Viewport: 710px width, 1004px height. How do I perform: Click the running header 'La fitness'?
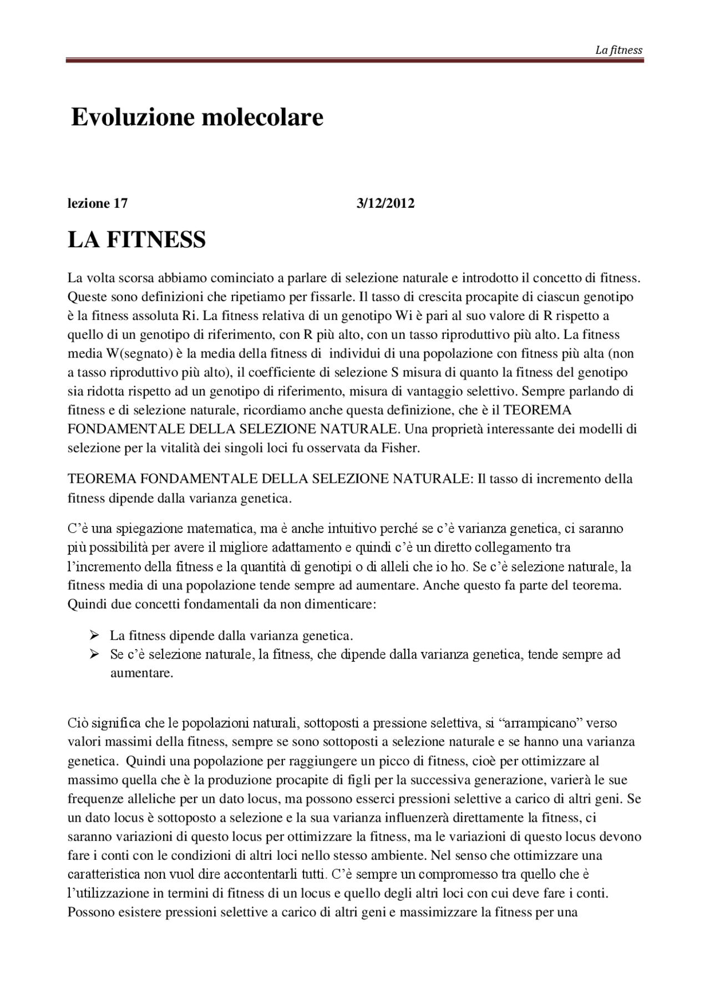(618, 50)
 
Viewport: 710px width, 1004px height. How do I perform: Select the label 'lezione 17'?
(98, 203)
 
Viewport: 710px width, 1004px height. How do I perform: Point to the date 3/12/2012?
(386, 203)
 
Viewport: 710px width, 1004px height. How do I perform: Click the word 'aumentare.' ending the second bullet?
(141, 674)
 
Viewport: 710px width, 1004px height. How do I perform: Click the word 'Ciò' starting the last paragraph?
(78, 723)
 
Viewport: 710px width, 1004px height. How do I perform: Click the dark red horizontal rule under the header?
(355, 60)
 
